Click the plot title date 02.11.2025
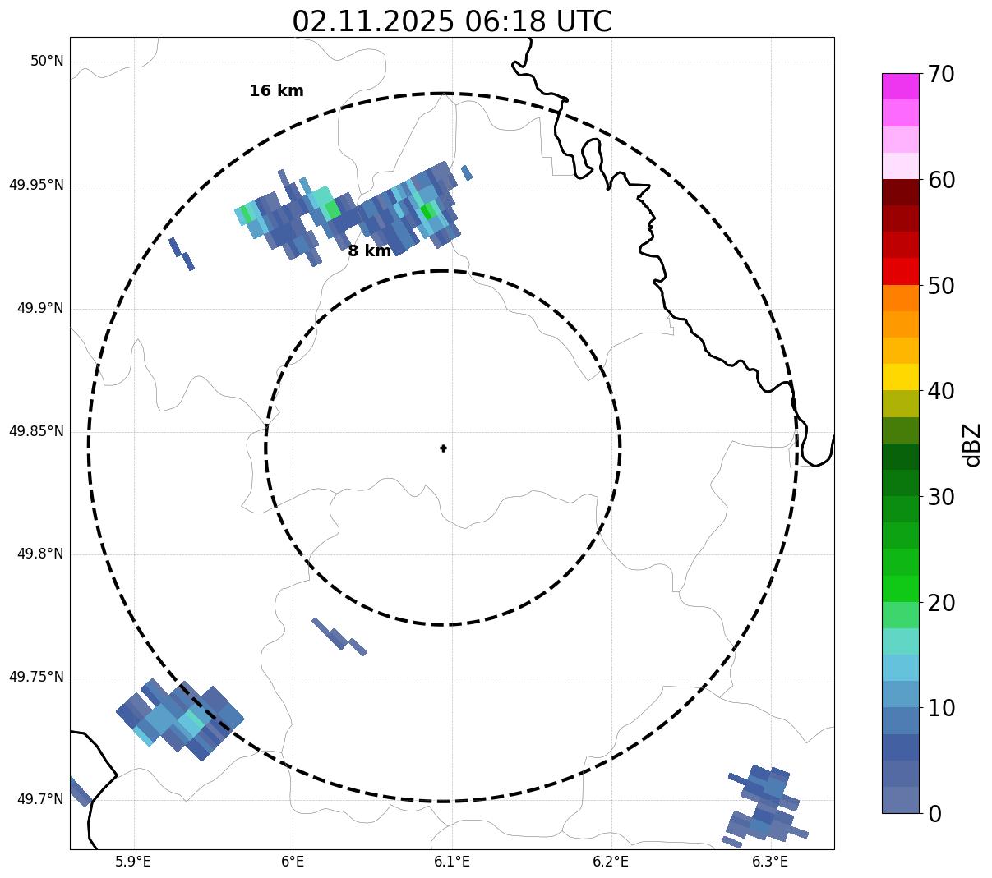point(372,21)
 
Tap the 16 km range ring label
point(276,91)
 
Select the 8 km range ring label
point(369,251)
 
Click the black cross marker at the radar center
point(443,448)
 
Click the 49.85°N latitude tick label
point(36,431)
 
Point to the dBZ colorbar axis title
point(972,444)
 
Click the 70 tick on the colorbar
point(941,75)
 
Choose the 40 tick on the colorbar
point(941,391)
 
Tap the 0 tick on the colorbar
point(935,814)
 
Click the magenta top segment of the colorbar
point(900,86)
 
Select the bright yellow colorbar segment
point(900,377)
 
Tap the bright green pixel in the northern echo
point(426,211)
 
